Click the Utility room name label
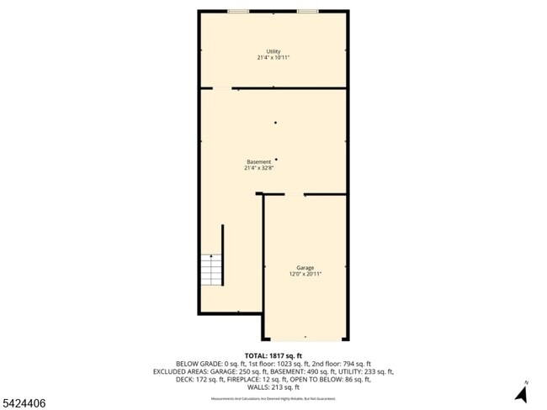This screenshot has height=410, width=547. click(273, 51)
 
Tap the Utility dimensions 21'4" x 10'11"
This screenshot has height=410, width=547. click(273, 57)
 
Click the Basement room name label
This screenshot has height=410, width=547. click(258, 161)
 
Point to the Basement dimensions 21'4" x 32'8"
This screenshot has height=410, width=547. click(258, 168)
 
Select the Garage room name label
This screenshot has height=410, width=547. click(305, 268)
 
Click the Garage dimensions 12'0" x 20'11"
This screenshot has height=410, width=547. click(305, 274)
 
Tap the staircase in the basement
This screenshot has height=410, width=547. click(210, 270)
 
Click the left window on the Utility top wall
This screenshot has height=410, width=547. click(238, 11)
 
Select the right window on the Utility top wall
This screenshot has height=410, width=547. click(307, 11)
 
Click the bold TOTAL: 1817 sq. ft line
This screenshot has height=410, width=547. click(273, 355)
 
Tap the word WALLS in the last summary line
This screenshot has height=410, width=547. click(254, 387)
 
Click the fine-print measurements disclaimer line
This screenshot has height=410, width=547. click(273, 397)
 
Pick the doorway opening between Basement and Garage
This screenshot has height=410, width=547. click(293, 194)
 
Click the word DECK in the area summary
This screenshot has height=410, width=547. click(183, 379)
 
